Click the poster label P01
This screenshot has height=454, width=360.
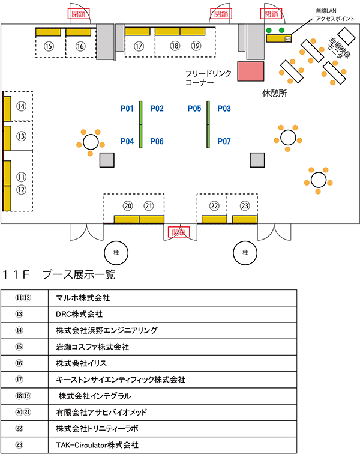click(127, 109)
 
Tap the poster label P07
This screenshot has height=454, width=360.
click(224, 142)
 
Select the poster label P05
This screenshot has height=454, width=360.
click(194, 109)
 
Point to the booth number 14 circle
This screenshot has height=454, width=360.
click(22, 106)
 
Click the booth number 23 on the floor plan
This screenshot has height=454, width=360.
click(245, 206)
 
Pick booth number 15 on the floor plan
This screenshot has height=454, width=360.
click(49, 46)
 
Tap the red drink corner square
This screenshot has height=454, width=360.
click(251, 71)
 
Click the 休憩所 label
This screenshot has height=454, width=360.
click(275, 94)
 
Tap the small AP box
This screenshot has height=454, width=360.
click(287, 38)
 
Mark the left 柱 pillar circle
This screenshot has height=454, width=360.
click(115, 252)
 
